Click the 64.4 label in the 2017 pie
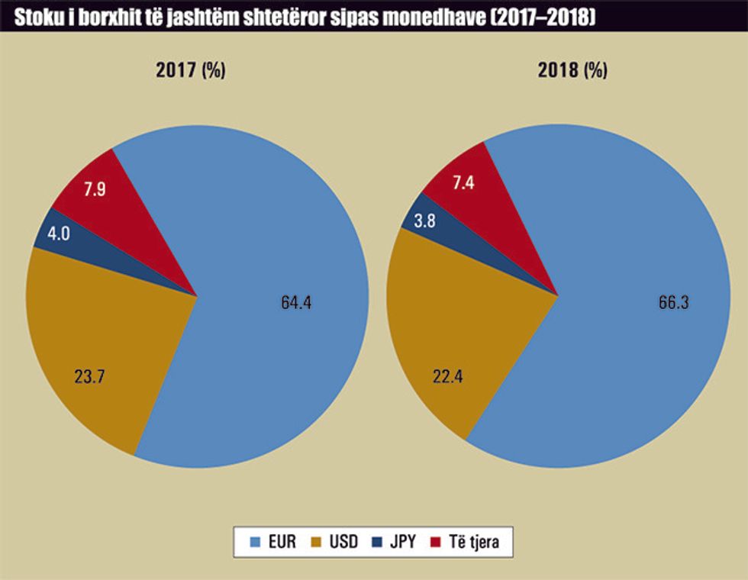(296, 302)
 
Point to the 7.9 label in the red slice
(94, 188)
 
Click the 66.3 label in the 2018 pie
(673, 302)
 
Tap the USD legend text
(342, 543)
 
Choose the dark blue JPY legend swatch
(377, 543)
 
